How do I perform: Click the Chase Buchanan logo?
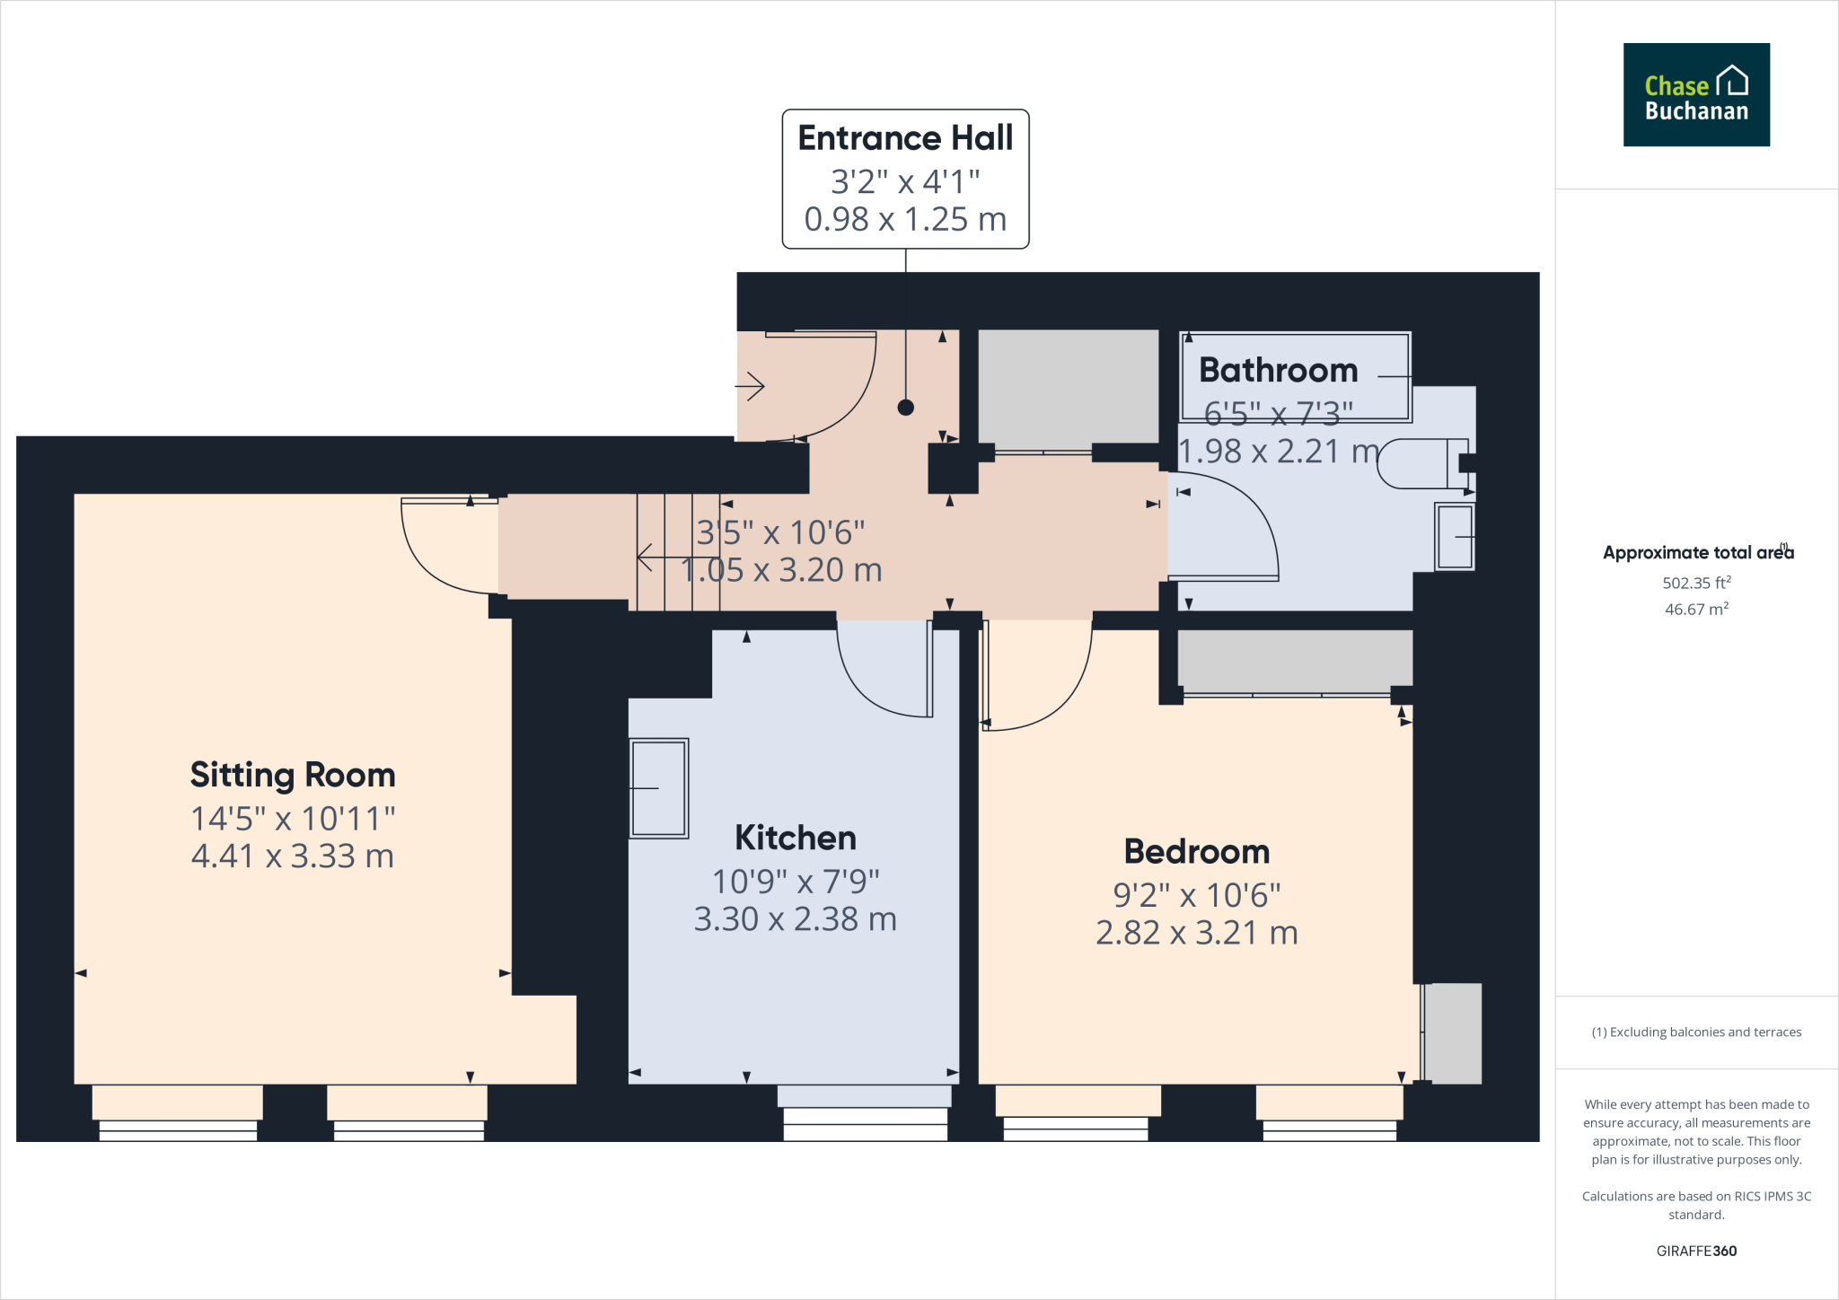pos(1695,94)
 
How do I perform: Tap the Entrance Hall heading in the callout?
pos(905,138)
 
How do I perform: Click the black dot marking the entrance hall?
pos(905,408)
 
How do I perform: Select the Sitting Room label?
pos(293,775)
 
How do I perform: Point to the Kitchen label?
pos(795,838)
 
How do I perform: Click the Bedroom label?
pos(1196,851)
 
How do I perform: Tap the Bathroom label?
pos(1278,370)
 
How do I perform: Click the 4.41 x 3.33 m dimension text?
pos(293,856)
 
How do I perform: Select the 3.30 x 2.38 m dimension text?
pos(795,919)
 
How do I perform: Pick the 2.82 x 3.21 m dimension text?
pos(1196,933)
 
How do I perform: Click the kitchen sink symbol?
pos(658,788)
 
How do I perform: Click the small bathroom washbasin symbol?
pos(1455,536)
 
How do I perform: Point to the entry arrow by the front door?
pos(750,387)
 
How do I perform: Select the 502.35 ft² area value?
pos(1695,583)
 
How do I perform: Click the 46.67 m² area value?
pos(1695,609)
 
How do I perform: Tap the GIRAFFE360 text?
pos(1695,1251)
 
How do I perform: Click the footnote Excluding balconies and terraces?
pos(1695,1032)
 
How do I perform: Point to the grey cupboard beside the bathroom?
pos(1068,387)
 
